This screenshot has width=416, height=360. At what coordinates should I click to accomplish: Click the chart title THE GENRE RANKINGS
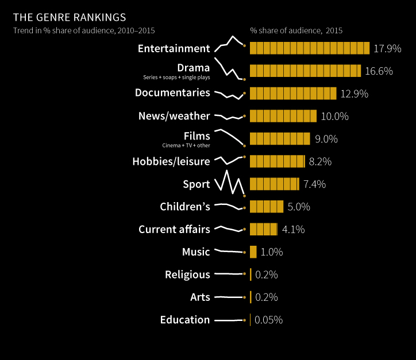pyautogui.click(x=70, y=18)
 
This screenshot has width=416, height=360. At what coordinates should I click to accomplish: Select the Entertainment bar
pyautogui.click(x=309, y=48)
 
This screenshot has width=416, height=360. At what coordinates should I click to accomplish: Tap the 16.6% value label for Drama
pyautogui.click(x=379, y=71)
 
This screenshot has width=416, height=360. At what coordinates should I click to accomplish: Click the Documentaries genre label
pyautogui.click(x=172, y=92)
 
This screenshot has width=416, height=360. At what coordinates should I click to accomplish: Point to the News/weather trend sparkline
pyautogui.click(x=229, y=117)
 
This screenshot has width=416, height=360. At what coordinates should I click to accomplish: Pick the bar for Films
pyautogui.click(x=280, y=138)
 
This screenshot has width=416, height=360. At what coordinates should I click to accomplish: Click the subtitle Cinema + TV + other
pyautogui.click(x=186, y=145)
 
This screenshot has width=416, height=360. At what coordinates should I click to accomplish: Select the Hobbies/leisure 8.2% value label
pyautogui.click(x=320, y=162)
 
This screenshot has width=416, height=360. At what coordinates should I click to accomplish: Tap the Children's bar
pyautogui.click(x=267, y=207)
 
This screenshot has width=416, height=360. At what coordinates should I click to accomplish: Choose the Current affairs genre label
pyautogui.click(x=174, y=230)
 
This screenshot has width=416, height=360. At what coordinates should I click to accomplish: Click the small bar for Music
pyautogui.click(x=253, y=252)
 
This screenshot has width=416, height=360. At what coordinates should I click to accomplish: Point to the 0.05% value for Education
pyautogui.click(x=268, y=320)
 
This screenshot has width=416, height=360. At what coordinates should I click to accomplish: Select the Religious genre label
pyautogui.click(x=187, y=274)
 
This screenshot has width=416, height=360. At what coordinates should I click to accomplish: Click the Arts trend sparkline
pyautogui.click(x=229, y=297)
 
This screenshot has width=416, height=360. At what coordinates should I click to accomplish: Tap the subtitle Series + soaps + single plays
pyautogui.click(x=176, y=77)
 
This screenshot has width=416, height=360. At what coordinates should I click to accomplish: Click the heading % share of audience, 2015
pyautogui.click(x=296, y=30)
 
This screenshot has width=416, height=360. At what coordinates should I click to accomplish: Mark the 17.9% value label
pyautogui.click(x=387, y=49)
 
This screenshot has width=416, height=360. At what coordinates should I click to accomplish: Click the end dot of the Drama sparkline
pyautogui.click(x=245, y=79)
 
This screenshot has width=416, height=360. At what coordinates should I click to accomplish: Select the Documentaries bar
pyautogui.click(x=293, y=93)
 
